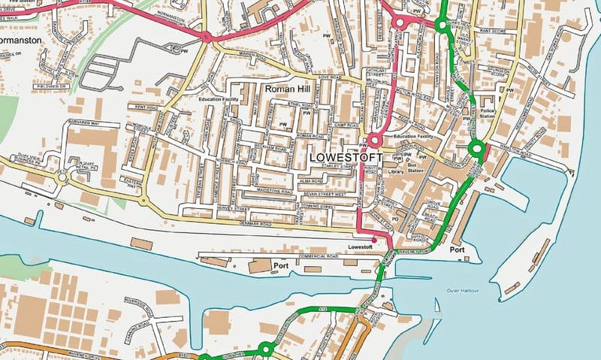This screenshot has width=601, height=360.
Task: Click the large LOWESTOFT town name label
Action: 346,159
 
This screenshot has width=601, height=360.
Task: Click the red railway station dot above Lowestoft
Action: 374,240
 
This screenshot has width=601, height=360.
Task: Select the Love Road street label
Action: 330,77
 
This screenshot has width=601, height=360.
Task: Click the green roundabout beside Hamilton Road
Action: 475,149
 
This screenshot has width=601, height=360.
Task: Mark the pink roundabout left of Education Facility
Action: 373,140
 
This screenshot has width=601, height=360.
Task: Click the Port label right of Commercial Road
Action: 282,266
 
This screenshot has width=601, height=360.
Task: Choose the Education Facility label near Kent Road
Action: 220,98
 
